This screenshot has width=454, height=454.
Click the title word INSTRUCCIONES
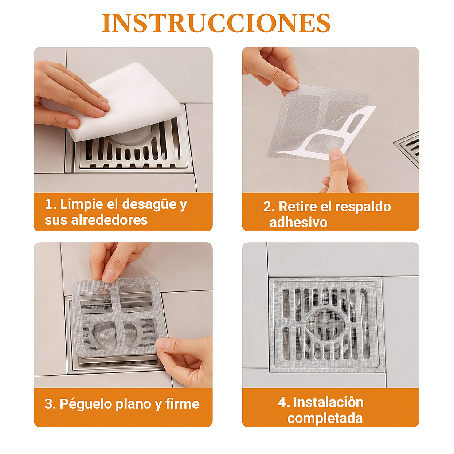point(216,23)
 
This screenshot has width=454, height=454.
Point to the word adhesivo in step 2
point(298,222)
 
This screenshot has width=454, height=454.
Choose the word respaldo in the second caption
point(363,207)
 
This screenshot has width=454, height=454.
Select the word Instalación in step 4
point(328,402)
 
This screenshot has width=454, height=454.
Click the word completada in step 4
point(325,418)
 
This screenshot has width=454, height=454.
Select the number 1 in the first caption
point(48,205)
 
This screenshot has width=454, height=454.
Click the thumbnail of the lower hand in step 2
point(336,155)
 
